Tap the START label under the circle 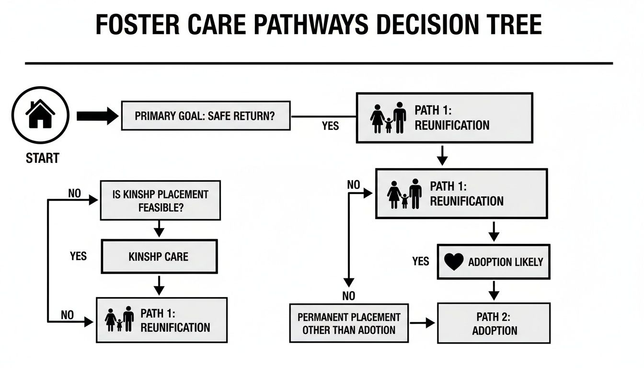42,158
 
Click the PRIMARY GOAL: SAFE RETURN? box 205,116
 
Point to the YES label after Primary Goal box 330,126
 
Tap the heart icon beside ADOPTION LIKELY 454,262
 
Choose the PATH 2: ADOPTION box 494,323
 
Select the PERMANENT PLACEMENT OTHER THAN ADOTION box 349,323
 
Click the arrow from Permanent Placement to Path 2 422,323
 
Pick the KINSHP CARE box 159,257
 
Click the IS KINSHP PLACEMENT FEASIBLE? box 160,201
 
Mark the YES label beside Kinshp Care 78,256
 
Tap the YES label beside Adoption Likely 420,261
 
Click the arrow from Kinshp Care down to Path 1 159,286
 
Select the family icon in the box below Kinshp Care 119,320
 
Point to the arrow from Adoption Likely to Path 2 494,290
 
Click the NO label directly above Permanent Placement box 349,296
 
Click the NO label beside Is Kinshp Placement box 74,194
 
